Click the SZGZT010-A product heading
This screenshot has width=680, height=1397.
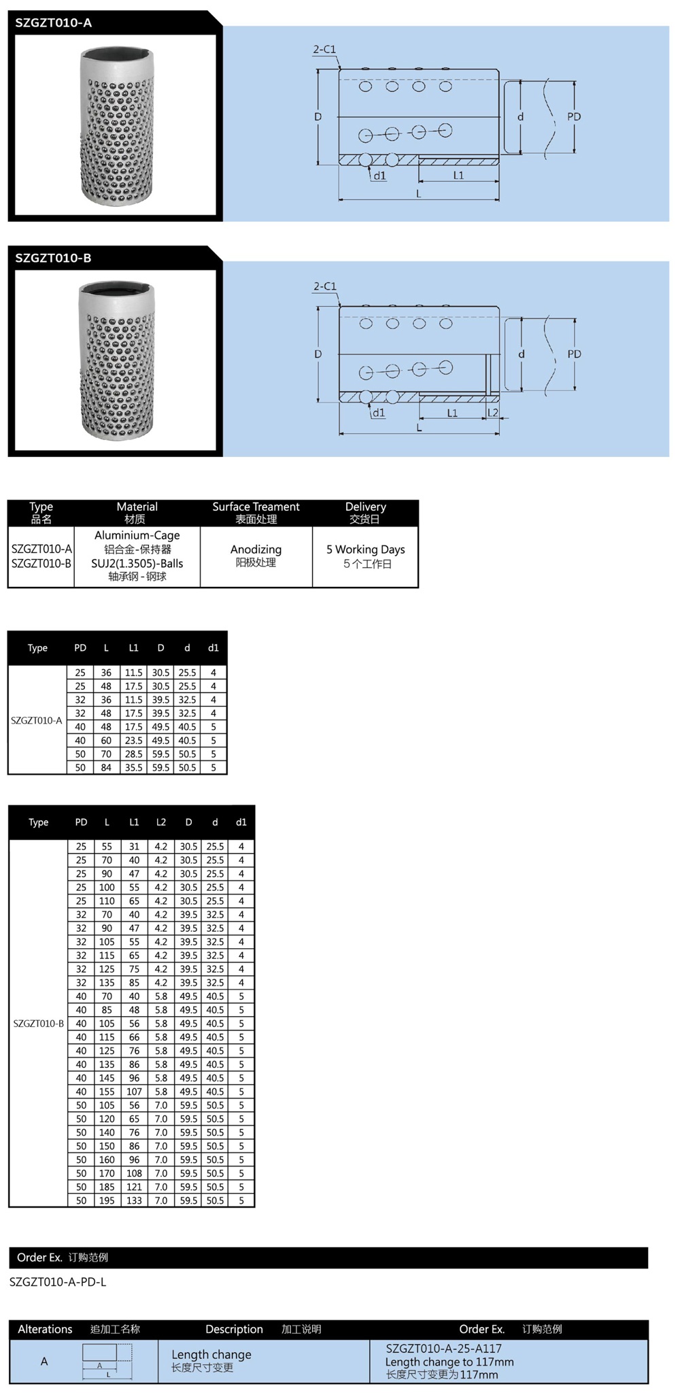click(54, 23)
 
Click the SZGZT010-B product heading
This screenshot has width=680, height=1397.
click(53, 258)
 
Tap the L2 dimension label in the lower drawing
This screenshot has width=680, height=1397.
click(493, 413)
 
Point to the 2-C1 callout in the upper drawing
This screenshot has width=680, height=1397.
click(324, 50)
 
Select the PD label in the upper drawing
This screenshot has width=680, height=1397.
click(574, 117)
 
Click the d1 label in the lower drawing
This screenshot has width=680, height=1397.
click(379, 413)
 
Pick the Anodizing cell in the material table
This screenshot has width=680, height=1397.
click(256, 550)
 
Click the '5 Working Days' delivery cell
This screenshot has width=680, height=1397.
click(365, 550)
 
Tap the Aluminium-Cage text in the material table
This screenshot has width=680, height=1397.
click(137, 535)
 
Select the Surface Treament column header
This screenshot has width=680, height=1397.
click(256, 507)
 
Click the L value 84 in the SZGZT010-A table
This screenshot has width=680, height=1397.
click(106, 768)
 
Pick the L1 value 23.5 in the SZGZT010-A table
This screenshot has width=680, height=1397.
click(133, 741)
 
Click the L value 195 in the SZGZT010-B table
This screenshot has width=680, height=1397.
click(107, 1200)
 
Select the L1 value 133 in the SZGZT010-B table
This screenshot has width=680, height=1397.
click(134, 1200)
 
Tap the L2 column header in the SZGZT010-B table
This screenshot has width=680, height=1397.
click(161, 822)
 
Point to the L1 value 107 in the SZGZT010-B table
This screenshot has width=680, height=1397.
click(134, 1092)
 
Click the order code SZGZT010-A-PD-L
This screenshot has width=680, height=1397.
click(58, 1282)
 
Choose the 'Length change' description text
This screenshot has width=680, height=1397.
click(211, 1355)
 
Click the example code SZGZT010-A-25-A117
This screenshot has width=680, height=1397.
click(443, 1349)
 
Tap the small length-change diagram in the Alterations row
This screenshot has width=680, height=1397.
click(107, 1361)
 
